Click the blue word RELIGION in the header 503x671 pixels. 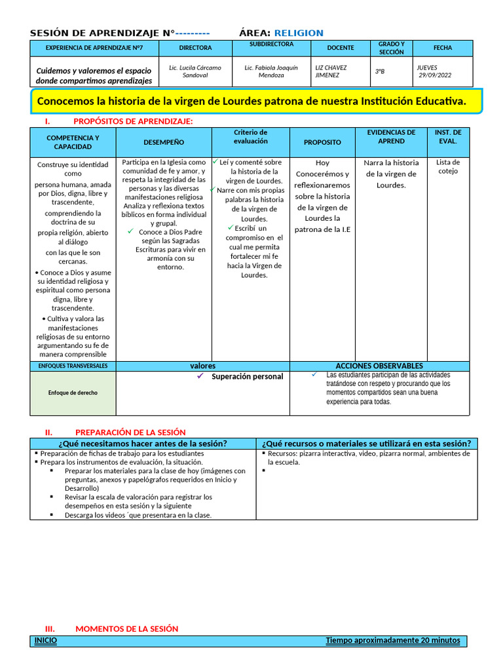point(298,33)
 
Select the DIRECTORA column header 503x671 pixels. point(195,48)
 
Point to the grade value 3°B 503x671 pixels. point(380,71)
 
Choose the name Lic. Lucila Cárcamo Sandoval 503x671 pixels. point(195,71)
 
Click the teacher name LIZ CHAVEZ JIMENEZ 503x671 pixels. point(331,71)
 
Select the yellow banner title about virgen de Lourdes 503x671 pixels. point(252,102)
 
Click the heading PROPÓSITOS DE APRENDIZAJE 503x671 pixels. point(133,121)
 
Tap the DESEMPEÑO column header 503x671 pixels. point(164,142)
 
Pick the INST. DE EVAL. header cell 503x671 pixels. point(448,137)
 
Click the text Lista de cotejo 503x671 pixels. point(448,166)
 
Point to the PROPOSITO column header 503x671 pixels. point(322,142)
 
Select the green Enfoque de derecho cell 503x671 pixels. point(73,393)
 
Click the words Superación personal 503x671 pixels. point(248,377)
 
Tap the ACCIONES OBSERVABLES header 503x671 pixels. point(379,366)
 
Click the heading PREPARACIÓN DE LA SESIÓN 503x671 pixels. point(130,432)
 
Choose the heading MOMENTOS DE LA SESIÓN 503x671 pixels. point(126,628)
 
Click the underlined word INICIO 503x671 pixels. point(46,641)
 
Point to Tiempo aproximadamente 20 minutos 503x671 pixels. point(393,641)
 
